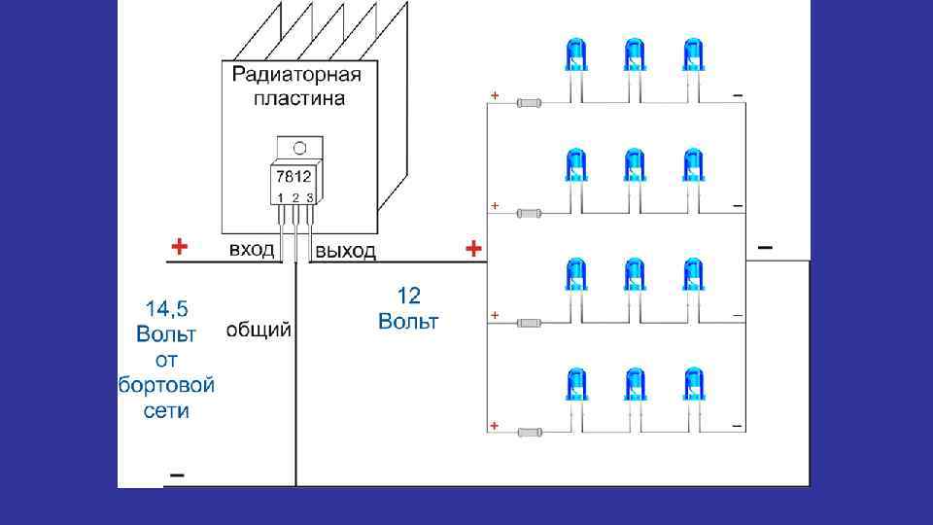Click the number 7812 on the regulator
[294, 178]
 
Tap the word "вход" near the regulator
[251, 250]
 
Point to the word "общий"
[259, 331]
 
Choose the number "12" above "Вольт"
[408, 295]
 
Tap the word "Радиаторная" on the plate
[297, 76]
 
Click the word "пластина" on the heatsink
[298, 98]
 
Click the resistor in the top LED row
[530, 102]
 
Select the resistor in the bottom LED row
[530, 432]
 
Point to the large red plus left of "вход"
[178, 246]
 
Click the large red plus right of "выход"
[473, 250]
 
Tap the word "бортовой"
[166, 385]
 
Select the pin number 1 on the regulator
[281, 198]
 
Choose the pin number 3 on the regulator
[309, 198]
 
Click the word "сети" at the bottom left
[165, 410]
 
